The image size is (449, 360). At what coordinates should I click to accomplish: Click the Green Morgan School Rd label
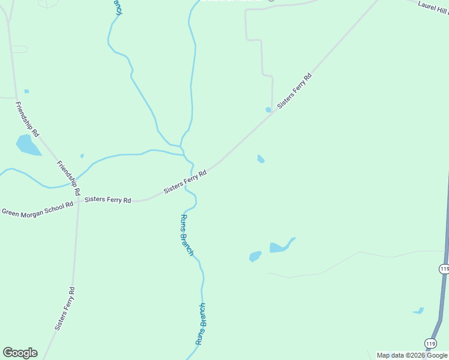click(x=37, y=208)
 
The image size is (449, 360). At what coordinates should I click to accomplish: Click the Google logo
click(x=20, y=353)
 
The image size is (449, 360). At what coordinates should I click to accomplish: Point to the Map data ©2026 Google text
click(x=412, y=355)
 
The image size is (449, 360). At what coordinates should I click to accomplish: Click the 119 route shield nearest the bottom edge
click(x=430, y=343)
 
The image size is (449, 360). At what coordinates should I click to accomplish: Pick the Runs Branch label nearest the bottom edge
click(x=201, y=324)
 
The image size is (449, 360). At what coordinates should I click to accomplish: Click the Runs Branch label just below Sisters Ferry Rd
click(x=187, y=235)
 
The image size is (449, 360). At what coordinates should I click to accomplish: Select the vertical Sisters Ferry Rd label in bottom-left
click(x=65, y=309)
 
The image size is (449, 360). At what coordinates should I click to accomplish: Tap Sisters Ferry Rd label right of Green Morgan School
click(x=108, y=199)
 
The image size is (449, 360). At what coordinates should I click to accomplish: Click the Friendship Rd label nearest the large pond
click(x=27, y=119)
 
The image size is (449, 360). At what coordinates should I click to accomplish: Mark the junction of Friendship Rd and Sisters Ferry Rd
click(x=79, y=200)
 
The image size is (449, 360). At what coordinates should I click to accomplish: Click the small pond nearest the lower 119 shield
click(x=418, y=311)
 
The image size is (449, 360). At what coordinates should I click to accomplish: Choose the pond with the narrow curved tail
click(x=280, y=247)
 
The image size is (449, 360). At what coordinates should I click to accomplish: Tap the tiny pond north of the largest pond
click(x=26, y=91)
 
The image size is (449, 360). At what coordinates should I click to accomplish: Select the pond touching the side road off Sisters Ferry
click(x=268, y=110)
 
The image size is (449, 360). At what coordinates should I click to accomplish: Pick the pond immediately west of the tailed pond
click(x=255, y=256)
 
